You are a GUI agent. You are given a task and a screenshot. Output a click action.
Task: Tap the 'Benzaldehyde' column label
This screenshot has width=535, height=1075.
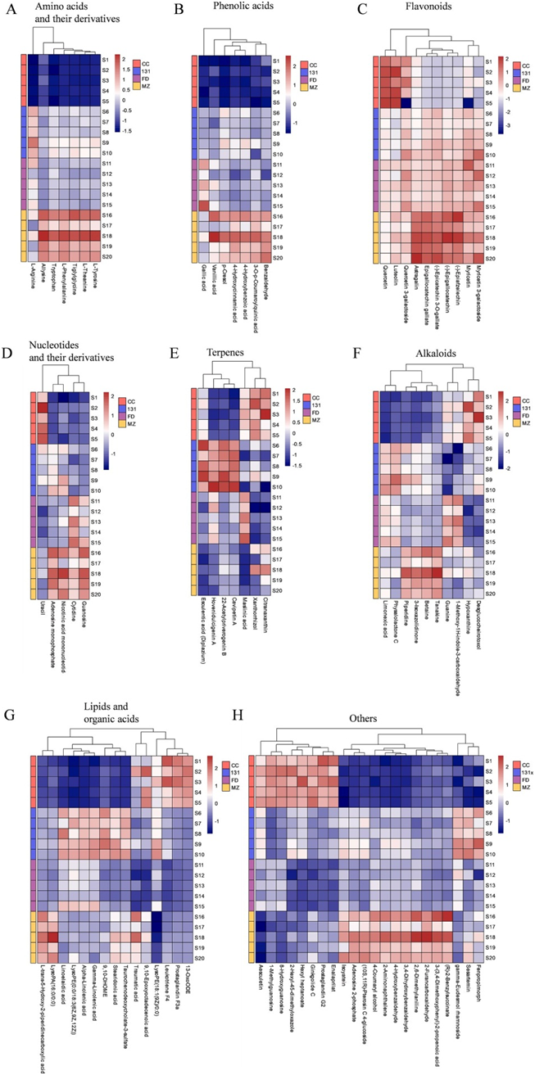[x=265, y=278]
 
